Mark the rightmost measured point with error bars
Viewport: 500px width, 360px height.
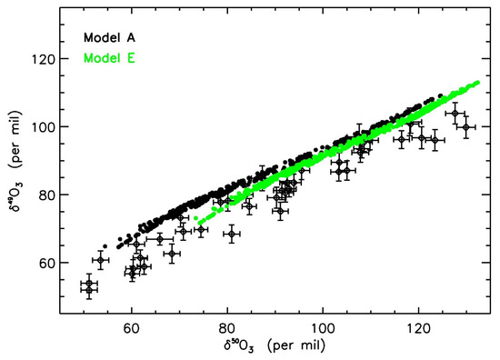pos(466,127)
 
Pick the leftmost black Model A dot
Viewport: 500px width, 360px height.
pos(106,246)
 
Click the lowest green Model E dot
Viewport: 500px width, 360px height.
pos(198,221)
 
